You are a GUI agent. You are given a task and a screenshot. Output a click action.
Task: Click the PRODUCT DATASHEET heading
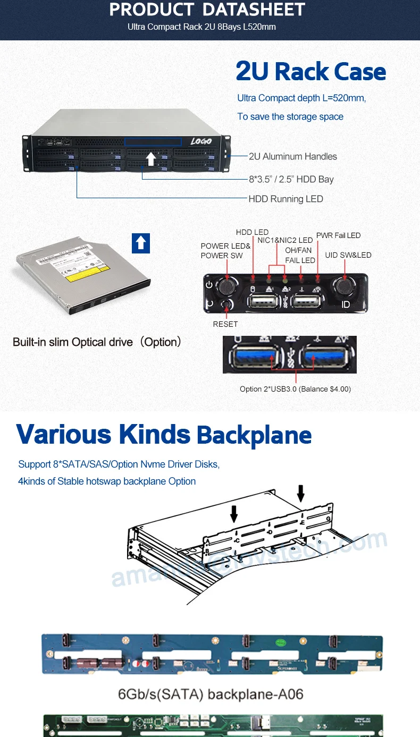(x=207, y=10)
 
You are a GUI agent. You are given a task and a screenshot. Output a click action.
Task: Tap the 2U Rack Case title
(x=311, y=72)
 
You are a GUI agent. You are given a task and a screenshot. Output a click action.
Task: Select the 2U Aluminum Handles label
(x=293, y=156)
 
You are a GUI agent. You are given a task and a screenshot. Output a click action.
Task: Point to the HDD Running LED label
(x=286, y=199)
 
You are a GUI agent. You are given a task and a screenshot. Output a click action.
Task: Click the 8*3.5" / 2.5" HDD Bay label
(x=291, y=179)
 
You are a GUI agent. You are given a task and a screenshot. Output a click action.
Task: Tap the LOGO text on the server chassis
(x=201, y=141)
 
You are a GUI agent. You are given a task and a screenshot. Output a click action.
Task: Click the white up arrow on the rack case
(x=151, y=158)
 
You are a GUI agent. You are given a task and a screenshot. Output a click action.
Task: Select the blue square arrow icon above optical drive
(x=140, y=243)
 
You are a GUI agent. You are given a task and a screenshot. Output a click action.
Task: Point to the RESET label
(x=225, y=324)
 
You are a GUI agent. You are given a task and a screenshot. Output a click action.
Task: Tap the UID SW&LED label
(x=348, y=255)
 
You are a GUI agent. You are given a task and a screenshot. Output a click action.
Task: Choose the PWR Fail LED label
(x=338, y=235)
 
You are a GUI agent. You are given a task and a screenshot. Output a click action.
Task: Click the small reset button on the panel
(x=229, y=305)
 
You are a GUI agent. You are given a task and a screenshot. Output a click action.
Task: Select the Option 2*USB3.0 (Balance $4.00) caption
(x=295, y=389)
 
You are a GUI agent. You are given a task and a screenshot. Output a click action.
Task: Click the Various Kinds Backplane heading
(x=164, y=435)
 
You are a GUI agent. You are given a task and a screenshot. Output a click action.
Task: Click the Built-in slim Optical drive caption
(x=97, y=342)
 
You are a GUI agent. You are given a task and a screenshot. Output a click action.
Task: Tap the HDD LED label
(x=252, y=232)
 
